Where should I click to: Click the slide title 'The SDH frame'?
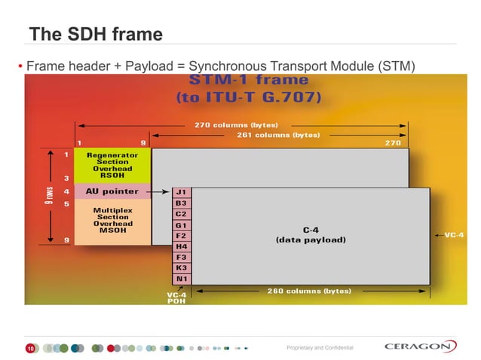click(96, 35)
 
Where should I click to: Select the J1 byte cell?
click(182, 192)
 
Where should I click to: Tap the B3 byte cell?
click(182, 203)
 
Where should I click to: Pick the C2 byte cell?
click(182, 214)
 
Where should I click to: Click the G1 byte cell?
click(182, 225)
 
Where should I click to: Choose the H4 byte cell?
click(182, 246)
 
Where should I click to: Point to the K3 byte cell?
click(182, 268)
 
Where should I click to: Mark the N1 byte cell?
click(182, 279)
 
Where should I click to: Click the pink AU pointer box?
click(112, 191)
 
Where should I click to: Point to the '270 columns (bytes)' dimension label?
click(237, 125)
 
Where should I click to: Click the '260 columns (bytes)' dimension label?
click(309, 291)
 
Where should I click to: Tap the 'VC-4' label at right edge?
click(454, 235)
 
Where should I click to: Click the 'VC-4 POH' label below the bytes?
click(176, 297)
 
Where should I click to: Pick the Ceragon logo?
click(420, 346)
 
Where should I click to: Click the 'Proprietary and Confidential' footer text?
click(320, 348)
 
